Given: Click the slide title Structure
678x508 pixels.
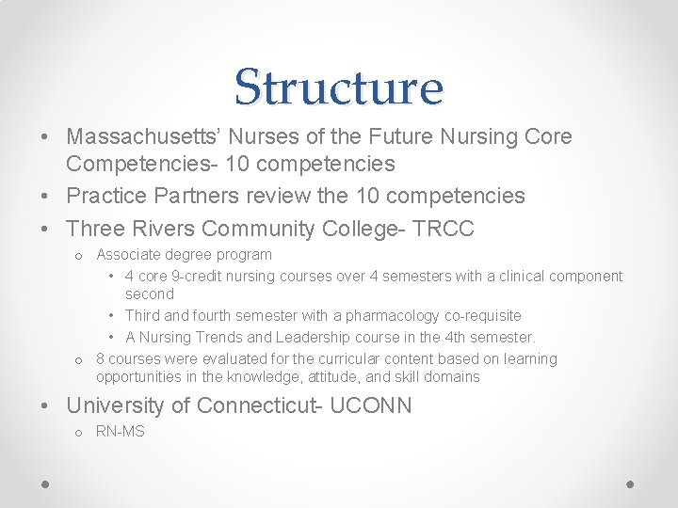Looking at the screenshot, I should click(x=338, y=87).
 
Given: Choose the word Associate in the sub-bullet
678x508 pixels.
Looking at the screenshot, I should click(x=130, y=254).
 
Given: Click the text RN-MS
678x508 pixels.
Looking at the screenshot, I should click(x=121, y=432).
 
